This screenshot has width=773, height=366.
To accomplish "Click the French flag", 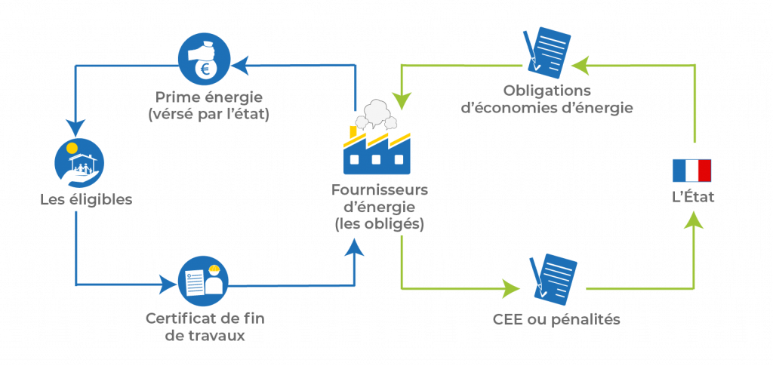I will [x=691, y=171].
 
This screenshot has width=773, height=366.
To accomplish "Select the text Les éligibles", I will [x=86, y=200].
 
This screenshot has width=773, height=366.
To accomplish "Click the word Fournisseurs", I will [x=377, y=189].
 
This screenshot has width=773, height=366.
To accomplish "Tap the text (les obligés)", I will [x=378, y=223].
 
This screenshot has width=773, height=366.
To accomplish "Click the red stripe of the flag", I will [x=705, y=171].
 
